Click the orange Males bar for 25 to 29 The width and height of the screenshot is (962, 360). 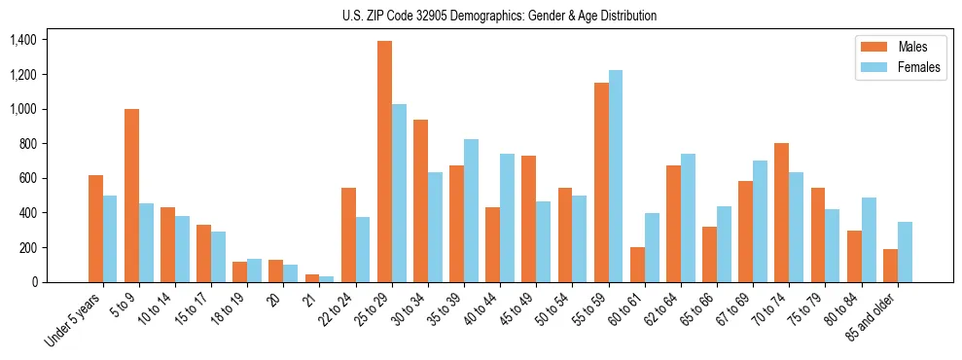pos(384,162)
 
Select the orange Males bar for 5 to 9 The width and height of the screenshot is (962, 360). pos(131,196)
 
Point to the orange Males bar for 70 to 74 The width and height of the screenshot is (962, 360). pos(781,212)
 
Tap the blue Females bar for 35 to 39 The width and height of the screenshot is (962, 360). pos(471,210)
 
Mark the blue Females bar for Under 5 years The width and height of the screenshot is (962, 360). pos(110,238)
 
